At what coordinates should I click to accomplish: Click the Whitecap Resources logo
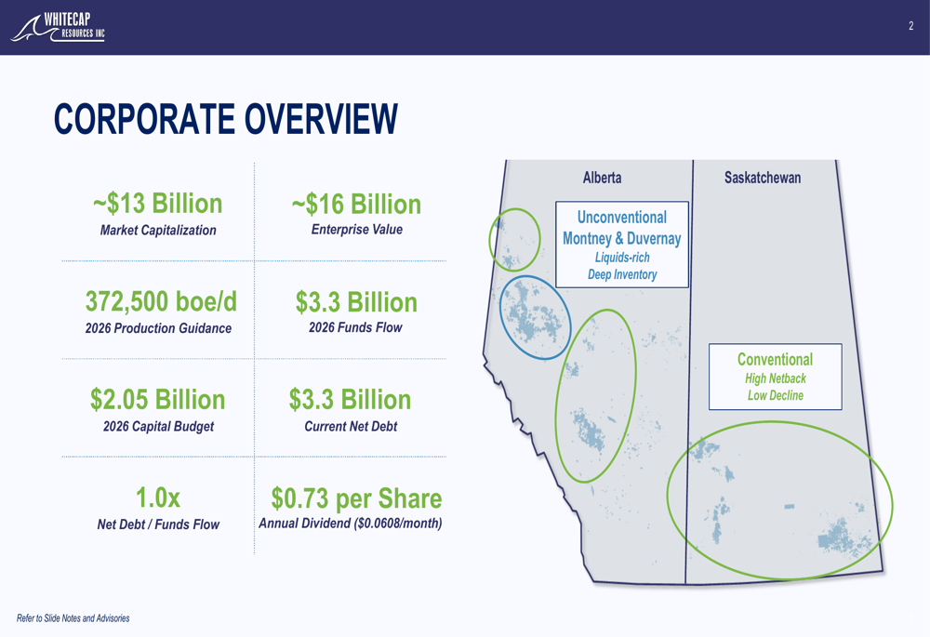click(x=58, y=27)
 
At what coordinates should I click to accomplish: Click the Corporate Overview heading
click(x=225, y=119)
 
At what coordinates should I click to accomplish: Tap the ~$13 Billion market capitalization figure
click(x=158, y=204)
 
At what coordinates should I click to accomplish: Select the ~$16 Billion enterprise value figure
click(x=356, y=205)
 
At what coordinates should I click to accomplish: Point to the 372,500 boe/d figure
click(x=161, y=301)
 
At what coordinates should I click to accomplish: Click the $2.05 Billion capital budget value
click(x=158, y=400)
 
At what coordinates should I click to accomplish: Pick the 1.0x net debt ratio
click(x=158, y=498)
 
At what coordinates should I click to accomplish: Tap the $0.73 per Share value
click(x=356, y=498)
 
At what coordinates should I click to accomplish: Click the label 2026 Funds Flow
click(x=355, y=327)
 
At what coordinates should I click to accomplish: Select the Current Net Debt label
click(x=351, y=427)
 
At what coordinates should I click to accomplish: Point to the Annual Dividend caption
click(x=350, y=524)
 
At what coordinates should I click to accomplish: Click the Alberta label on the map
click(x=602, y=178)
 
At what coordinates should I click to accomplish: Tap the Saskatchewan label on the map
click(x=763, y=178)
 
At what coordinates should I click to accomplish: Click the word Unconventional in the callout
click(x=621, y=218)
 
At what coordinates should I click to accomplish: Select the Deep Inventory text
click(x=622, y=274)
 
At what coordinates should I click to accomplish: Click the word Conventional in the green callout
click(x=776, y=360)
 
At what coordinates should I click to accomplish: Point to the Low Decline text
click(x=776, y=395)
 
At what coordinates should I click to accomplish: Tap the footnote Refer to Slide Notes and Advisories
click(x=73, y=618)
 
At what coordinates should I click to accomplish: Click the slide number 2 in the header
click(x=911, y=25)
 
